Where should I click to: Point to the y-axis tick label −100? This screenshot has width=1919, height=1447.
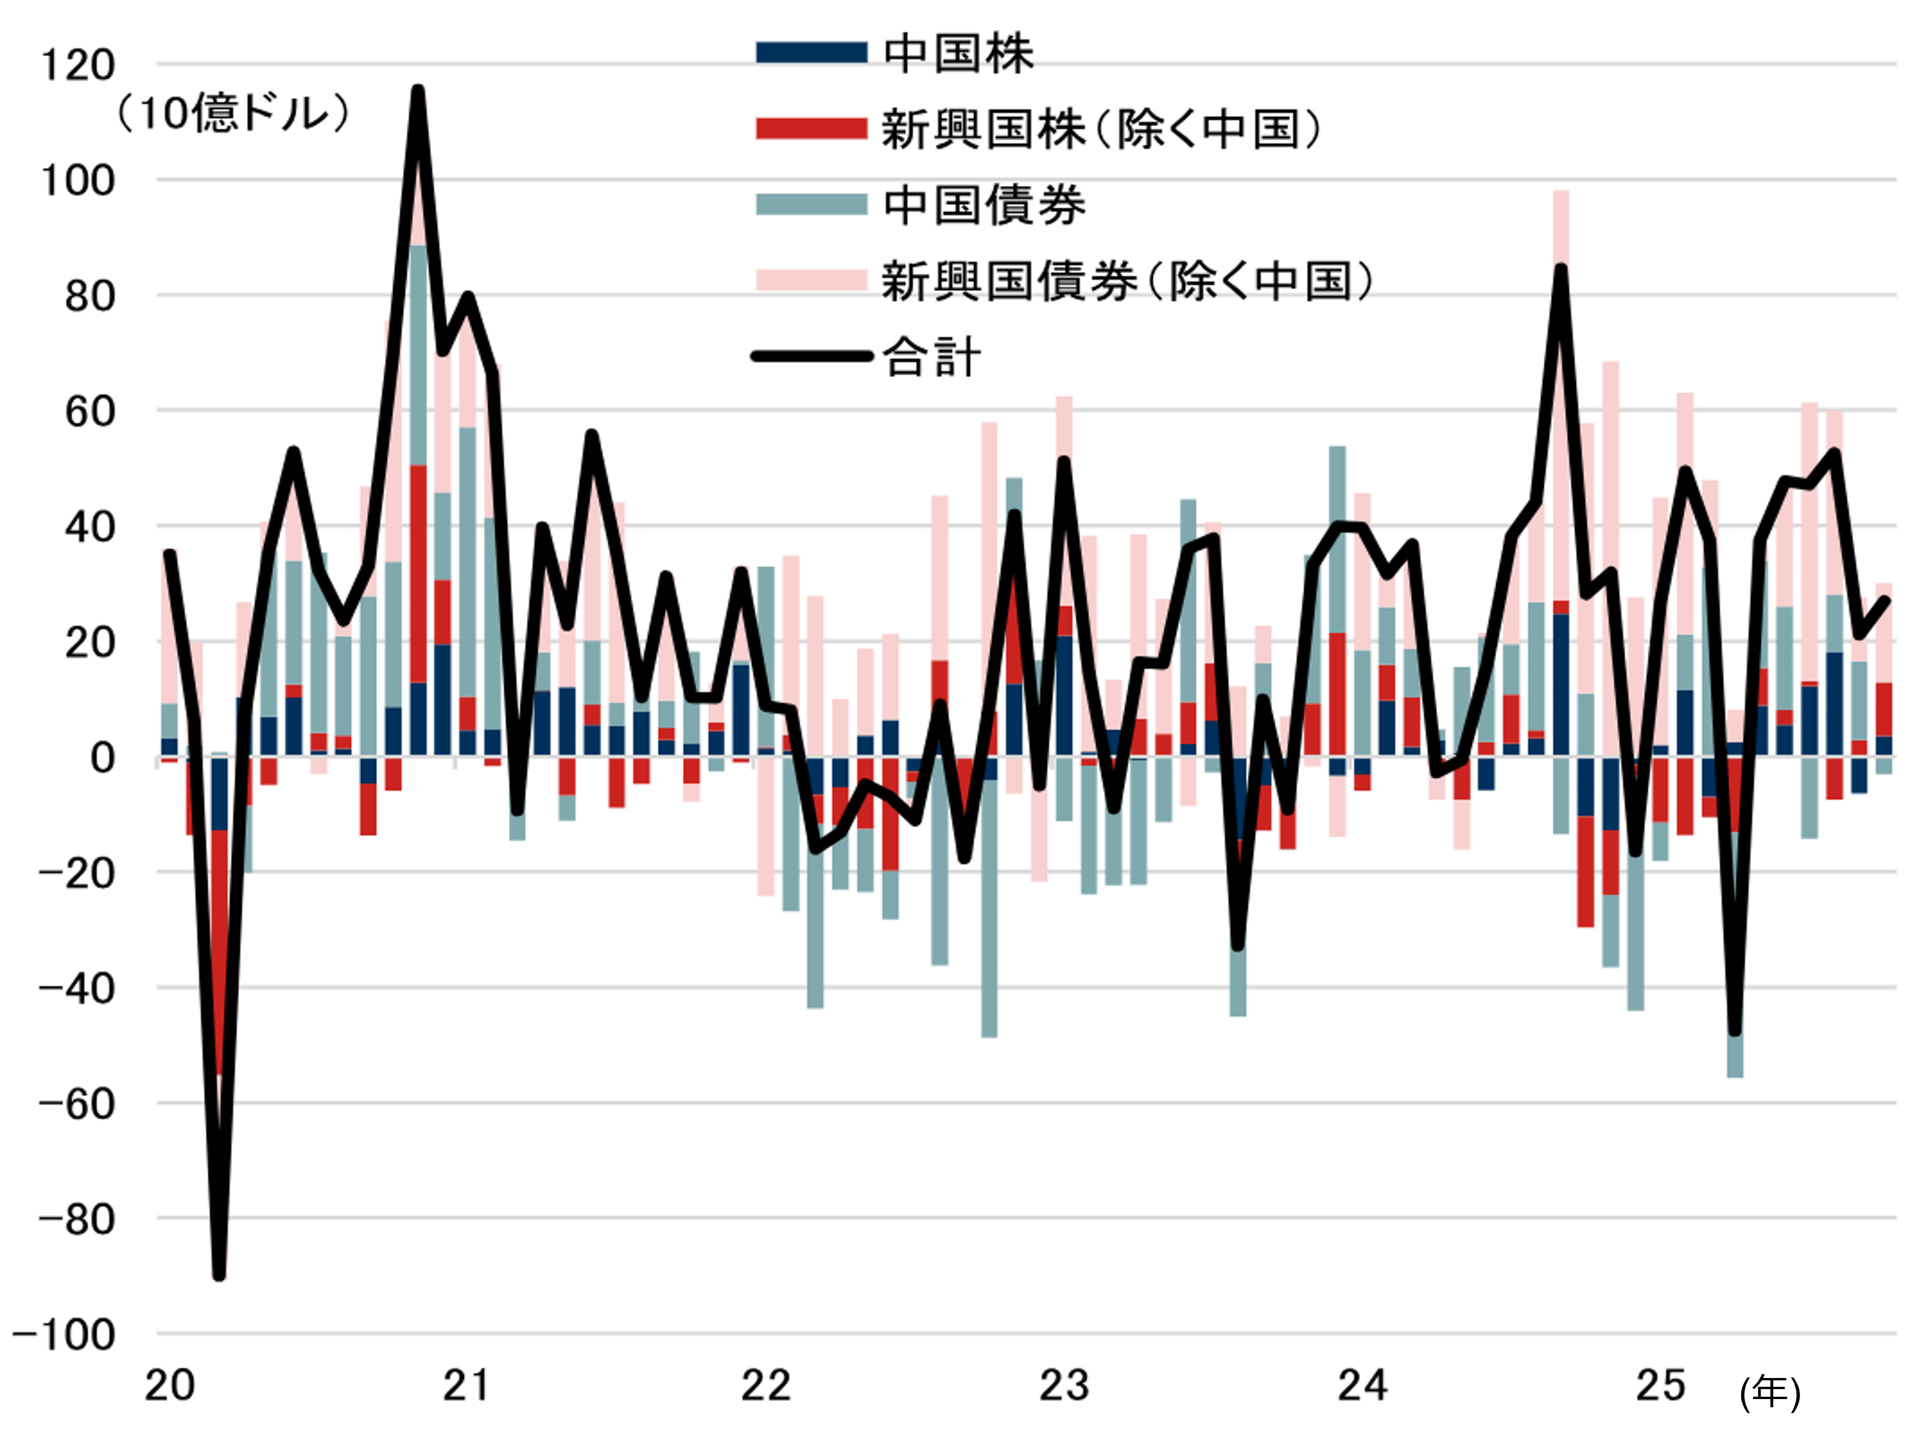coord(65,1335)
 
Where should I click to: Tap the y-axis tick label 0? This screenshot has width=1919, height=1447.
coord(102,758)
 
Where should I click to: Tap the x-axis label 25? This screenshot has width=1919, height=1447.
coord(1661,1386)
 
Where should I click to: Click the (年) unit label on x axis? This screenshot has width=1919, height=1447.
coord(1770,1393)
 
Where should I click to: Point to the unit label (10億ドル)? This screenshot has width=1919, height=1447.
coord(233,113)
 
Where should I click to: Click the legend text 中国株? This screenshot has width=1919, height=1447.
coord(959,53)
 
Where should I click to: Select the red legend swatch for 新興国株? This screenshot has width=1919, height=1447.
coord(811,129)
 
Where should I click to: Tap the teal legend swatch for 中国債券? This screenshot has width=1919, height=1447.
coord(811,205)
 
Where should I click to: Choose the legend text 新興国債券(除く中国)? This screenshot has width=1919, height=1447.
coord(1128,281)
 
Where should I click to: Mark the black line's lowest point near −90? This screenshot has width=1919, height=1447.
coord(219,1275)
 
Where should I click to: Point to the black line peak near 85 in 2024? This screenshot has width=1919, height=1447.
coord(1561,269)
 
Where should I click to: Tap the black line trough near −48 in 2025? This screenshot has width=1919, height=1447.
coord(1735,1032)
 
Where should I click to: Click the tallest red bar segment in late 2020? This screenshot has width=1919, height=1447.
coord(418,572)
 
